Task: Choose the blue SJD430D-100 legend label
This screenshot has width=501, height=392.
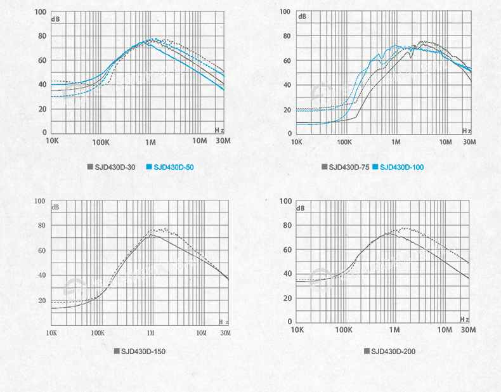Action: tap(402, 167)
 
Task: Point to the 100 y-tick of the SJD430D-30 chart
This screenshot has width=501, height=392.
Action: tap(40, 12)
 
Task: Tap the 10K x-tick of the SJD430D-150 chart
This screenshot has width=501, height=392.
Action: tap(52, 332)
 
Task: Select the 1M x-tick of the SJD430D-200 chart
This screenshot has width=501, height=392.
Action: tap(394, 330)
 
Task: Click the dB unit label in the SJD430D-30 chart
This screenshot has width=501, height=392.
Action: tap(55, 19)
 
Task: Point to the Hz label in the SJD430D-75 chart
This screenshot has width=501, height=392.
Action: tap(466, 131)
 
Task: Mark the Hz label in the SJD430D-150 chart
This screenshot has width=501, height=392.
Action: tap(223, 322)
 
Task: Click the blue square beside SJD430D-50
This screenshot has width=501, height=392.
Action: tap(149, 167)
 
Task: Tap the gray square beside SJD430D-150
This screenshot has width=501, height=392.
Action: tap(117, 351)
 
